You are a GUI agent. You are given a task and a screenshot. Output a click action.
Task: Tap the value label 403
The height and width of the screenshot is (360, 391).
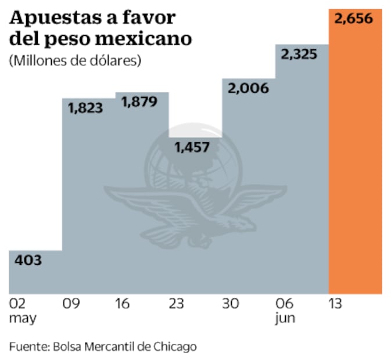(x=27, y=261)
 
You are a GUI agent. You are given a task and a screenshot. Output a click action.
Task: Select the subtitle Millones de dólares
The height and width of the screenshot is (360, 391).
(x=76, y=60)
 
